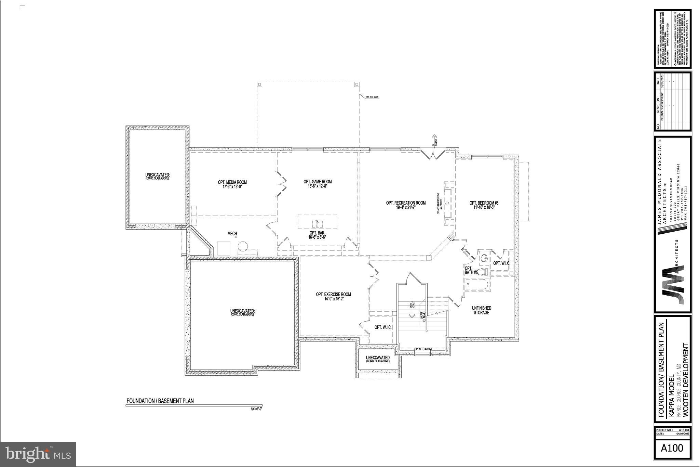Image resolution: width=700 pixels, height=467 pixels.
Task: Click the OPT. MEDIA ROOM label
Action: [232, 184]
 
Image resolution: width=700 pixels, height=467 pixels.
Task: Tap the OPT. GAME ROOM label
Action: [318, 184]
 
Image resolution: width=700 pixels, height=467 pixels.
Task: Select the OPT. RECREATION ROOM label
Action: [406, 205]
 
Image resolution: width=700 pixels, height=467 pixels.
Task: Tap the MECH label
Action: [232, 234]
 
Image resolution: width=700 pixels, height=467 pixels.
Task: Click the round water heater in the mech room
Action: [243, 246]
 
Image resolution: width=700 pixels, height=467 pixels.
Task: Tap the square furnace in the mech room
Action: [224, 248]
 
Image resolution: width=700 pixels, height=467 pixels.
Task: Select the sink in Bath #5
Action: [484, 258]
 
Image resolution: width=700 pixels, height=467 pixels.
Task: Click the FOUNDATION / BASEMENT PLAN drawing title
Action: [160, 401]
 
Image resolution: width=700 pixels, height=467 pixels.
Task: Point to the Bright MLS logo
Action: [38, 454]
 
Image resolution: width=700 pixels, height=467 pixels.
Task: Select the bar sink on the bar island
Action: [317, 223]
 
